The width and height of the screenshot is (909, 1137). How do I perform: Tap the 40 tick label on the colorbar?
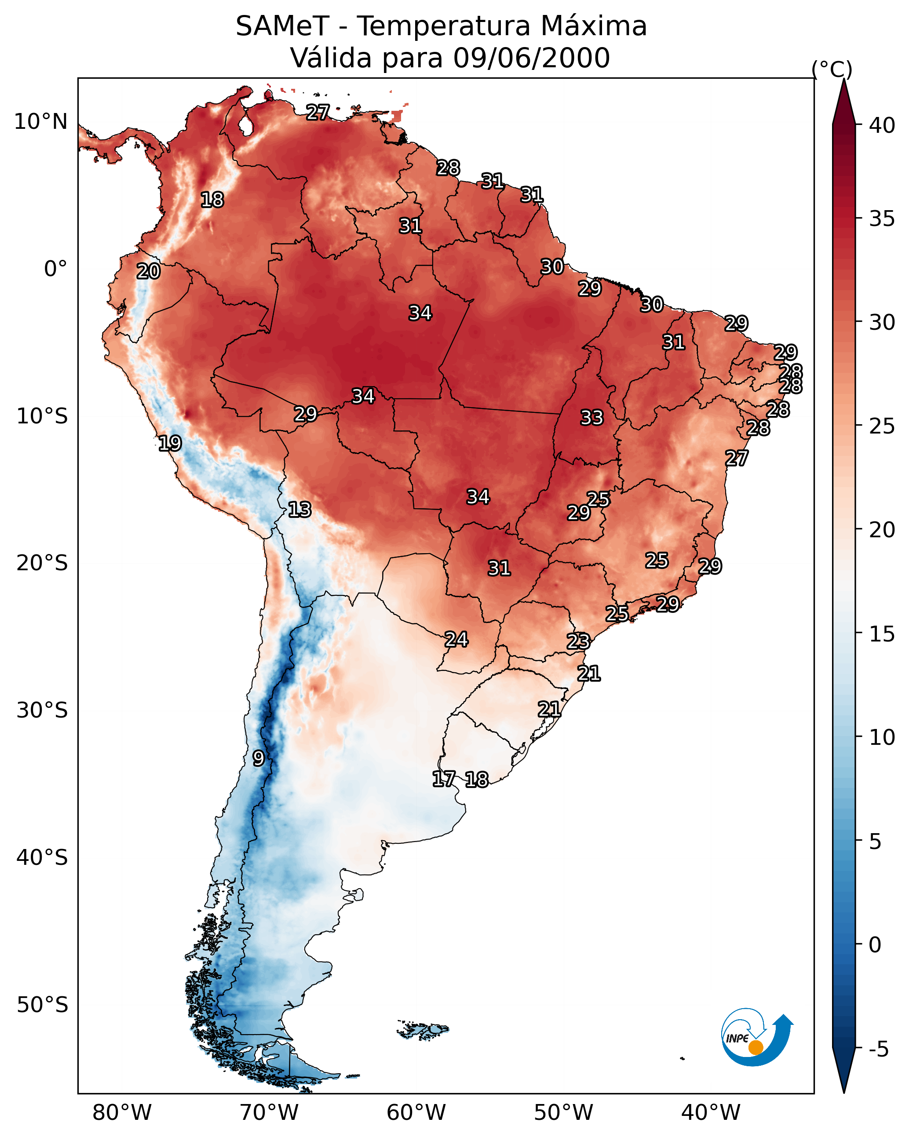coord(882,125)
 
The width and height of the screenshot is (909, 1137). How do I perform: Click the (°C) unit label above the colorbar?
coord(832,69)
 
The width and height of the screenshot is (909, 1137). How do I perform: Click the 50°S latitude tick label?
coord(42,1005)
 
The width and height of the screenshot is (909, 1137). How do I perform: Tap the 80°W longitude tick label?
coord(122,1112)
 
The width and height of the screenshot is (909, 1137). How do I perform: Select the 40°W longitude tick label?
coord(711,1112)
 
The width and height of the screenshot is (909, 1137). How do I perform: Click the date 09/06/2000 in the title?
coord(531,58)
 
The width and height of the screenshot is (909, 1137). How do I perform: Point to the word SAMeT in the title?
coord(282,26)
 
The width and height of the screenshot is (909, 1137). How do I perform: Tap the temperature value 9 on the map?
coord(258,758)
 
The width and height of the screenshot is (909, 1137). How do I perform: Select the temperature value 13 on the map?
coord(299,510)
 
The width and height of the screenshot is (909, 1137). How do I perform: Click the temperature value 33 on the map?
coord(591,418)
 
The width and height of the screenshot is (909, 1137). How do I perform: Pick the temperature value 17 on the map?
coord(443,779)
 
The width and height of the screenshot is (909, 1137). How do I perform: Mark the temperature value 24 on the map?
coord(456,640)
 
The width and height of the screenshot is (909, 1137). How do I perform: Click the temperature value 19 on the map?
coord(170,444)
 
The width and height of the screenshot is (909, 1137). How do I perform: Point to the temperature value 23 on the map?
coord(578,642)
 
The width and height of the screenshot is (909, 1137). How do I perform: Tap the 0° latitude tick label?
coord(55,269)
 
